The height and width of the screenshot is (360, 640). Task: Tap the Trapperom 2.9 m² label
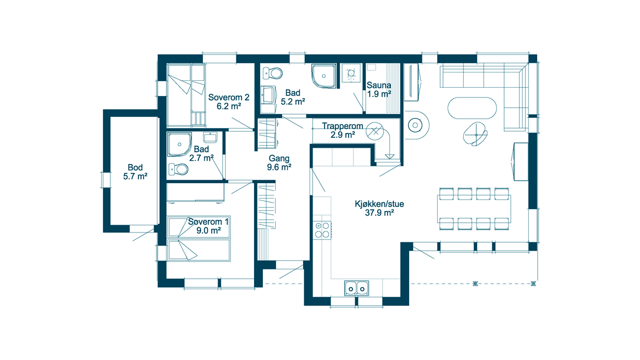(x=343, y=131)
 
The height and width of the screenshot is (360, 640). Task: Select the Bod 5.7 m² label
(x=135, y=172)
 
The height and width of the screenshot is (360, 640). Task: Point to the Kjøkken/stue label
(x=380, y=204)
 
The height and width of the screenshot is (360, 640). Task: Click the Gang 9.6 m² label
(x=279, y=163)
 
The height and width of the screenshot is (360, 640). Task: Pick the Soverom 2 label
(x=229, y=98)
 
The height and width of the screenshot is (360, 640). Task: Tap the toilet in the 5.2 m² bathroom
(x=273, y=73)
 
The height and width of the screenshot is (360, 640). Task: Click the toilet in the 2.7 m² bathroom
(x=178, y=169)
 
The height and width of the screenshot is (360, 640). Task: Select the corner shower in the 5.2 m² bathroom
(x=324, y=76)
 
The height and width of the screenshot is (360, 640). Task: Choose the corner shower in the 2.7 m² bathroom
(x=179, y=144)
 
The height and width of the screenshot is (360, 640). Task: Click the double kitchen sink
(x=356, y=288)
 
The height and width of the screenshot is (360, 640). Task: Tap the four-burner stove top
(x=322, y=230)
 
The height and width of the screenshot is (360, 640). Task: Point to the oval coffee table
(x=472, y=108)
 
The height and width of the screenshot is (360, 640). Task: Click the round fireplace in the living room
(x=415, y=125)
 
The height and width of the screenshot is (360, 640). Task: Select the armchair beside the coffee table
(x=476, y=134)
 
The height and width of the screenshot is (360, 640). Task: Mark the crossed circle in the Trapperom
(x=375, y=131)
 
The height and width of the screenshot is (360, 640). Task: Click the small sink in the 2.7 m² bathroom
(x=210, y=137)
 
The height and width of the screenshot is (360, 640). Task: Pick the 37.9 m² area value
(x=380, y=213)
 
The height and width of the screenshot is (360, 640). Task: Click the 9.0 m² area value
(x=209, y=230)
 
